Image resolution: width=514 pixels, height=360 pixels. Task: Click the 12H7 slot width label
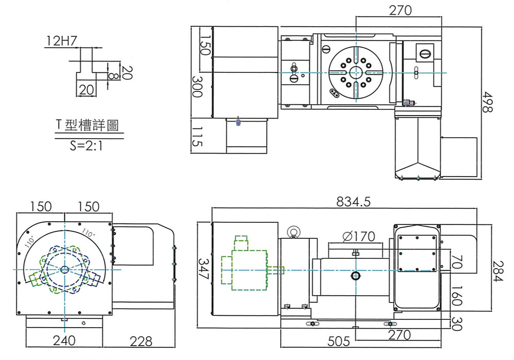62,41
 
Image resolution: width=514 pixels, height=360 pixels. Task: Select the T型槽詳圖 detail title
87,125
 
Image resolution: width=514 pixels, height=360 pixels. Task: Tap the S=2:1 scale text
86,145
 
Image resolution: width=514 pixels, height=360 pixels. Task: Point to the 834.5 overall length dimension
354,201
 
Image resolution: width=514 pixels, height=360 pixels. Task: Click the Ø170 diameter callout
358,236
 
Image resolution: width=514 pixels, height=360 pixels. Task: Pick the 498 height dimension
487,102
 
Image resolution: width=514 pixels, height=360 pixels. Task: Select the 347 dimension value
203,269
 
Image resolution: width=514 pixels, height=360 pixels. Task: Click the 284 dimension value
498,271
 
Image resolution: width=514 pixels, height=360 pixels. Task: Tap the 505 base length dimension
339,342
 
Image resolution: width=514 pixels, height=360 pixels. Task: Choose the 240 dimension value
64,340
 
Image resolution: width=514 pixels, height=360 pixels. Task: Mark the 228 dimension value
141,342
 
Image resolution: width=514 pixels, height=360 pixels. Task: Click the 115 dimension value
197,137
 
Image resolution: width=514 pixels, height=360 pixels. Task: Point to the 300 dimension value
197,86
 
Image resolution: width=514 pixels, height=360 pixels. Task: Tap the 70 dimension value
456,262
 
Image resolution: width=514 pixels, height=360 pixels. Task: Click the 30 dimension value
456,324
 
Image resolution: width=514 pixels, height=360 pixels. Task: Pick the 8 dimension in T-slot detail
112,76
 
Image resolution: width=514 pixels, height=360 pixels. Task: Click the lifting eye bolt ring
292,232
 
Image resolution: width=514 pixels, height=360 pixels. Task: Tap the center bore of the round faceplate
355,72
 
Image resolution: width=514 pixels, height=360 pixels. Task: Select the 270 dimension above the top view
400,10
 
